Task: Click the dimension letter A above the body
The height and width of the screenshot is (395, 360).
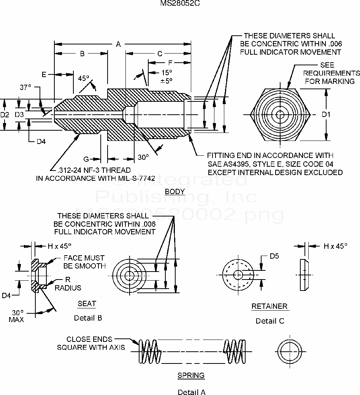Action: (118, 45)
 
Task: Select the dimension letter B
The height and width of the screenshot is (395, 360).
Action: (82, 54)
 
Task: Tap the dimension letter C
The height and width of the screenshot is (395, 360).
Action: (160, 54)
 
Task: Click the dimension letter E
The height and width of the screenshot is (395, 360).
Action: (44, 74)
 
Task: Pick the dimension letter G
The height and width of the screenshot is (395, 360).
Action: (86, 158)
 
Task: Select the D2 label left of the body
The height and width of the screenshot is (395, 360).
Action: (5, 114)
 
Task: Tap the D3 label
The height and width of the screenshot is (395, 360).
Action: (19, 114)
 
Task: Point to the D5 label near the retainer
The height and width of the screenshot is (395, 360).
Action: (274, 256)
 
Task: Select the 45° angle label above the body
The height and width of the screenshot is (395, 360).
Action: (83, 79)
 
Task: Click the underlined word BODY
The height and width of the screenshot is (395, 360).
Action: (175, 191)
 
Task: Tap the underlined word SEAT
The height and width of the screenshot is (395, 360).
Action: (87, 303)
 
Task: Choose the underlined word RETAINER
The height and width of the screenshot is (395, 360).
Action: (270, 306)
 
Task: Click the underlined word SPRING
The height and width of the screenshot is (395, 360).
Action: (191, 375)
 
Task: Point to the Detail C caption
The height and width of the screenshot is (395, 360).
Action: (270, 321)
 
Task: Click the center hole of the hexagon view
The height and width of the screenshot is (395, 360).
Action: (281, 114)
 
